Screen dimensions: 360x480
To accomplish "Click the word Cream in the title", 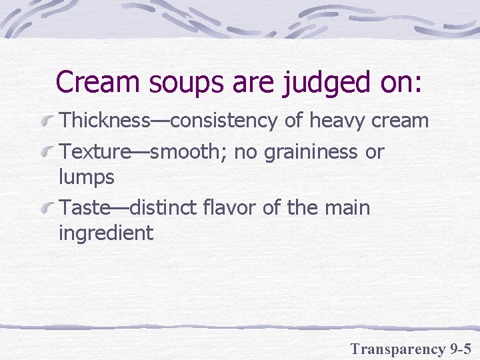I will coord(97,82).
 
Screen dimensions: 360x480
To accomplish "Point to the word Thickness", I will coord(104,121).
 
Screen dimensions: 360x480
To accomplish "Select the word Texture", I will coord(95,153).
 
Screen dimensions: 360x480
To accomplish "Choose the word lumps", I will coord(87,177).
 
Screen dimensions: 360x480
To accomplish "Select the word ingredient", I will coord(106,234).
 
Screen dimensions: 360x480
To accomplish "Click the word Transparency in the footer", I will coord(398,349).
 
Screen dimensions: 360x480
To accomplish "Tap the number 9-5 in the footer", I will coord(460,348).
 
